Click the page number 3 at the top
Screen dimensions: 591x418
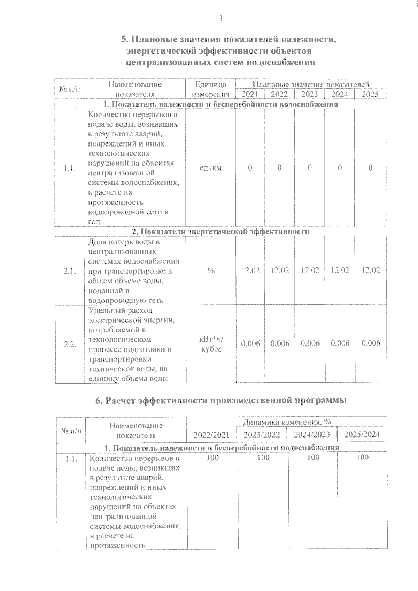coord(220,19)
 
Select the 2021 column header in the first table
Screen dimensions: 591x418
coord(250,94)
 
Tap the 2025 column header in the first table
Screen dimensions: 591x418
coord(370,94)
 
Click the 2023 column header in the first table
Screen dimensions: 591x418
coord(309,94)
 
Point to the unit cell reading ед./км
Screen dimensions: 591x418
coord(211,168)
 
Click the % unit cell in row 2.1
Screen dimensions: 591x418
coord(211,270)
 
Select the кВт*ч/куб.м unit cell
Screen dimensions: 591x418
coord(211,344)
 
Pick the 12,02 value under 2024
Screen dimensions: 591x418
coord(340,270)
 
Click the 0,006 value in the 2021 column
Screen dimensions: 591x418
coord(250,344)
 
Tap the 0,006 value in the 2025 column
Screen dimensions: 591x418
coord(371,344)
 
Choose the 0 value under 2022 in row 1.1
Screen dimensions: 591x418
coord(279,168)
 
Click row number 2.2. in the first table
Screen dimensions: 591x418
coord(70,344)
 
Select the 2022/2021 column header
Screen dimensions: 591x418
coord(211,434)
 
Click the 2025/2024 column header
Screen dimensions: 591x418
coord(362,434)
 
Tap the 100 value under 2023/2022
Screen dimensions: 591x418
coord(263,457)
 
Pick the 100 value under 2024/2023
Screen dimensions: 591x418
coord(313,457)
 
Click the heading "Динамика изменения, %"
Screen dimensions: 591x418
coord(286,422)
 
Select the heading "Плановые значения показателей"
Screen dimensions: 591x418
coord(310,85)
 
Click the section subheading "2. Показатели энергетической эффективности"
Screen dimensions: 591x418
coord(220,232)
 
